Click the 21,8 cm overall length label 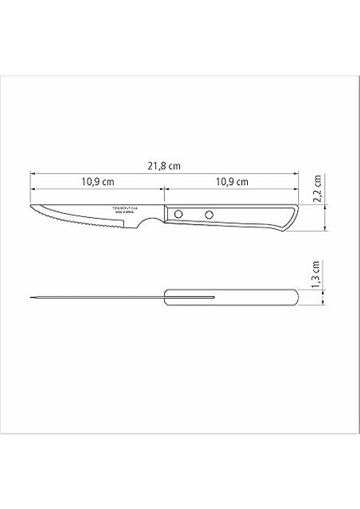167,168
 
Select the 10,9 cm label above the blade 98,182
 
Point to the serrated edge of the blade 85,223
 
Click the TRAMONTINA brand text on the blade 128,206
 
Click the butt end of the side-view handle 299,219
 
